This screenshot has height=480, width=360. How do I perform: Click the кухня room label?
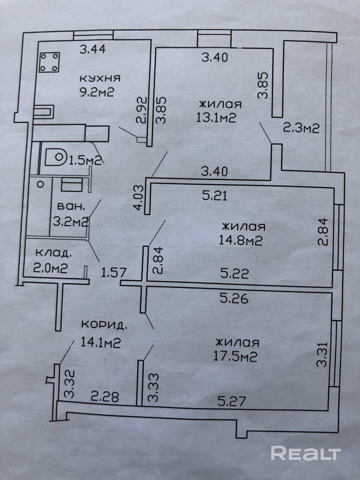coord(99,79)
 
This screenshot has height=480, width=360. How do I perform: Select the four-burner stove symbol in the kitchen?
coord(49,62)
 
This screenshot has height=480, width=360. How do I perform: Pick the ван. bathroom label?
coord(70,207)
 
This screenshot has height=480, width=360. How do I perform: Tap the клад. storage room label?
coord(53,253)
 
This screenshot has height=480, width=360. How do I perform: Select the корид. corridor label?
coord(104,325)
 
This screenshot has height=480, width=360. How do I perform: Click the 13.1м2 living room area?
coord(216,118)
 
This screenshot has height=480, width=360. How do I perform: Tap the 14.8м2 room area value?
coord(241,240)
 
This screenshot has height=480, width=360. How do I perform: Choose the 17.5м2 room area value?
coord(235,357)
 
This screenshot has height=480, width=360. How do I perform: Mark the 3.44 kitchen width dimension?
coord(92,49)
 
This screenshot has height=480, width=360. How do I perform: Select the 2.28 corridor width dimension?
coord(105,396)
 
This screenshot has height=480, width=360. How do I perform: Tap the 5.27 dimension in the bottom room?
coord(232,402)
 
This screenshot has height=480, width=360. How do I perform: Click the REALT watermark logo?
coord(306,453)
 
